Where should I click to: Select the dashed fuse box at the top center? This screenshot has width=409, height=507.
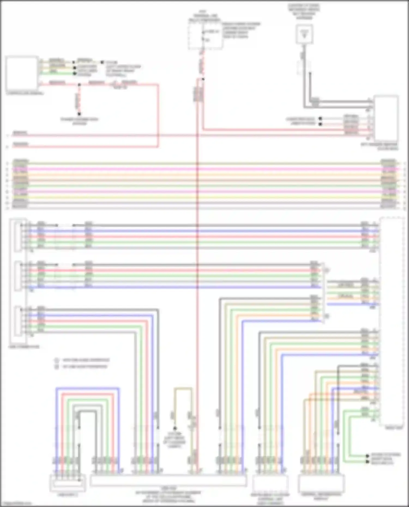205,36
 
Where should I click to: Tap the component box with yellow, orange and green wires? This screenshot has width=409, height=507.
22,74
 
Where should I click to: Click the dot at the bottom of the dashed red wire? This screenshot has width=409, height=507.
79,114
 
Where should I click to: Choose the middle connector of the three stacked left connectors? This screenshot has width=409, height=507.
18,276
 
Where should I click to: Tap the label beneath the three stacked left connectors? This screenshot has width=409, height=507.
24,347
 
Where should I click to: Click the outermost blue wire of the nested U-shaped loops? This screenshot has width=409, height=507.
87,388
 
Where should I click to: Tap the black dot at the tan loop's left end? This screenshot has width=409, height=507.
175,429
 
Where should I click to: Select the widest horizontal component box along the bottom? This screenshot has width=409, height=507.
168,481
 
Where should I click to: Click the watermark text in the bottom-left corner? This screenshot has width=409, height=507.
16,503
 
